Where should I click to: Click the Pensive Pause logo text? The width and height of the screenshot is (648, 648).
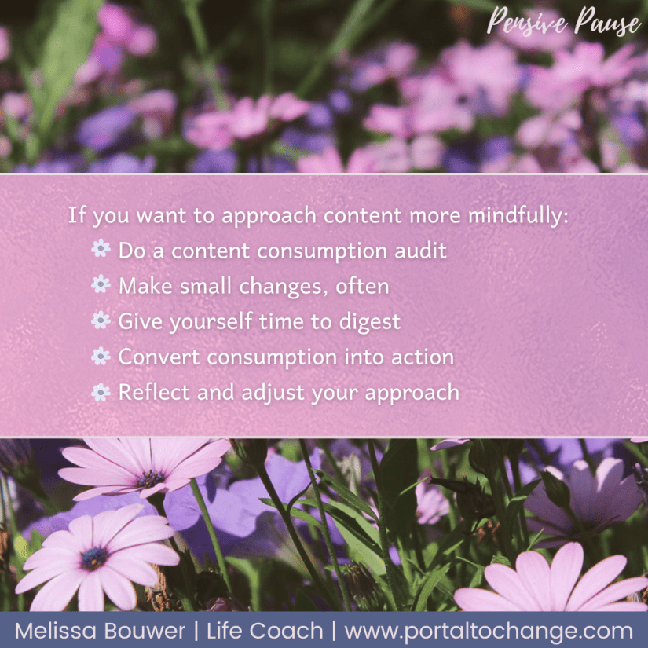[x=562, y=23]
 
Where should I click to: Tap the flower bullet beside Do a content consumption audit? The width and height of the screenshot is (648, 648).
[x=101, y=250]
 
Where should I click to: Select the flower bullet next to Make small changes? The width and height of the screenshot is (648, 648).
[x=101, y=285]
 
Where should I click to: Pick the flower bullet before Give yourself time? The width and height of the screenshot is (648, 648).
[x=101, y=320]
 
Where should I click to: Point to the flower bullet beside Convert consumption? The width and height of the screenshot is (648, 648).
[x=101, y=357]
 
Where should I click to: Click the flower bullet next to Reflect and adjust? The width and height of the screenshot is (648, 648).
[x=101, y=392]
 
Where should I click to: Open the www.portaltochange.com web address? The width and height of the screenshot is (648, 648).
[x=489, y=631]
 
